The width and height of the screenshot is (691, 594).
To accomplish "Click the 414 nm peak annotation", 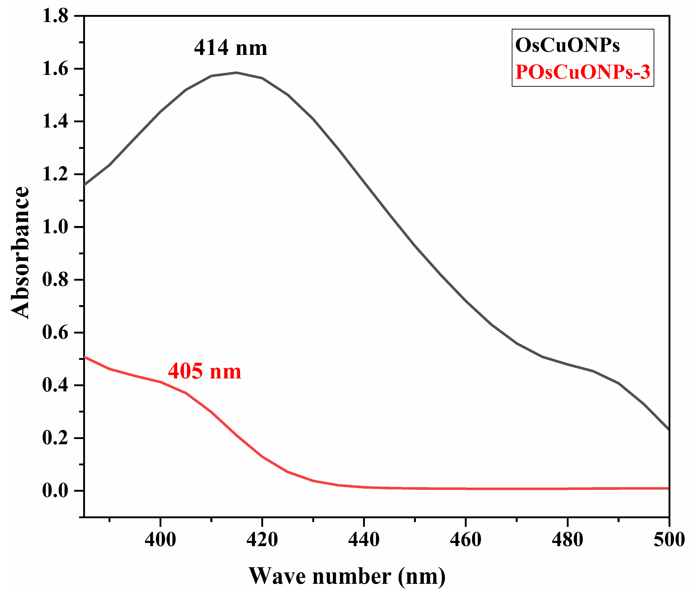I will pos(230,48).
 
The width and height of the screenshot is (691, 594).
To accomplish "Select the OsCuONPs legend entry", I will pos(567,45).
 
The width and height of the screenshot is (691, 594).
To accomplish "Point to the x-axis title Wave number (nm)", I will pos(347,576).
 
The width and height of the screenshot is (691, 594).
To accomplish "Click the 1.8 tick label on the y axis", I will pos(55,16).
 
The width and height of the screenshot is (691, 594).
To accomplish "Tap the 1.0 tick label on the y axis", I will pos(55,227).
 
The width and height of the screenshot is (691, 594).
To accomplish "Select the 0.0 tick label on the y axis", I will pos(55,491).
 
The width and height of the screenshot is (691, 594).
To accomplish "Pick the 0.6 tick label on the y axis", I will pos(55,333).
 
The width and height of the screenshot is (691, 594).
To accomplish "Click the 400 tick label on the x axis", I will pos(160,540).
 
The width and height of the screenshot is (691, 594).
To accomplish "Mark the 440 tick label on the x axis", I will pos(364,540).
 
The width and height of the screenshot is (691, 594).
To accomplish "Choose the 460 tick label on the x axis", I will pos(466,540).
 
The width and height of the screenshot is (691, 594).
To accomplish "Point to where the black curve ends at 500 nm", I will pos(668,430).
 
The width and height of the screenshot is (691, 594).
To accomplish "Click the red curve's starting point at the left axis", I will pos(85,357).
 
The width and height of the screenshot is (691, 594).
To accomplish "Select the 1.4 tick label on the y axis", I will pos(55,122).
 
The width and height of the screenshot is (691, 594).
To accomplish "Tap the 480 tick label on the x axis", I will pos(567,540).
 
